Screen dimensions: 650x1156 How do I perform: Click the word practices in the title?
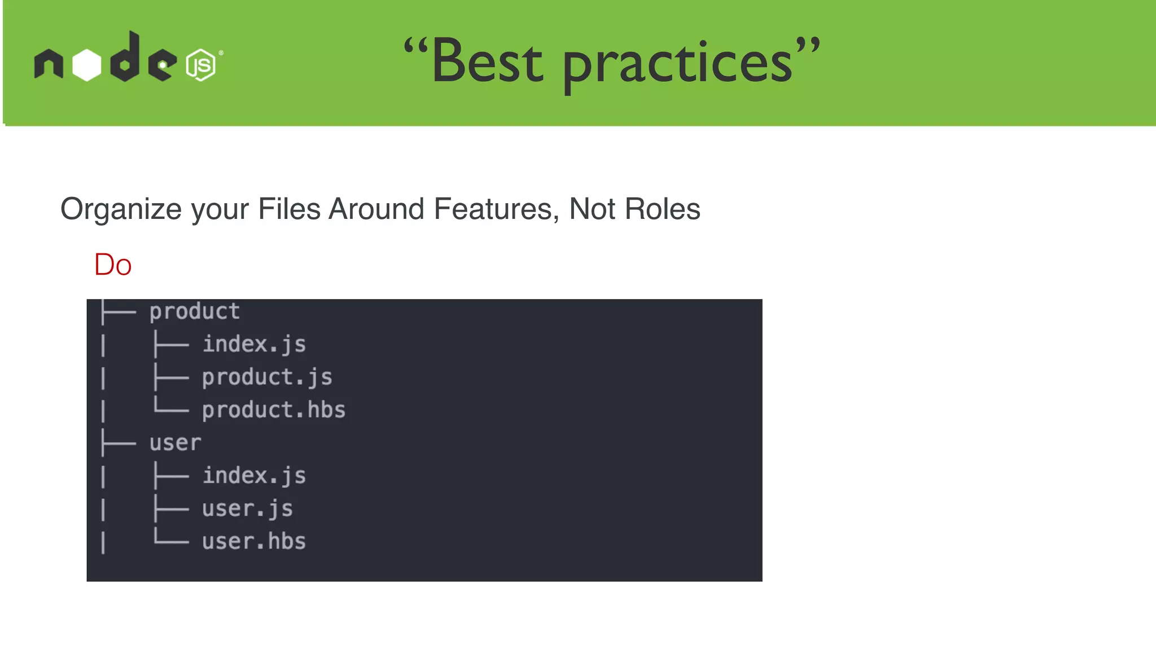tap(677, 65)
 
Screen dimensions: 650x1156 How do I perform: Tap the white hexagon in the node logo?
tap(87, 65)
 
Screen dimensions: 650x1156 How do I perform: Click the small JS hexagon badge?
tap(200, 65)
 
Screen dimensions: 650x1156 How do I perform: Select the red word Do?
tap(113, 265)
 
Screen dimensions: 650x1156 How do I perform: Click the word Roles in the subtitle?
tap(662, 209)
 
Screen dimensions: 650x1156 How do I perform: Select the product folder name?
tap(195, 311)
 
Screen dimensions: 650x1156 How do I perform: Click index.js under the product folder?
tap(254, 344)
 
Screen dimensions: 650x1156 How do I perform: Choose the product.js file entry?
tap(267, 377)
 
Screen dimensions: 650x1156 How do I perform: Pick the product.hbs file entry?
tap(274, 410)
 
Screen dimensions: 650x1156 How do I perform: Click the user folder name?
tap(175, 443)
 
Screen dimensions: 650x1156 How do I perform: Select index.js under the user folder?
tap(254, 476)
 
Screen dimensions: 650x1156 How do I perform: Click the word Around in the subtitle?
tap(376, 209)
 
